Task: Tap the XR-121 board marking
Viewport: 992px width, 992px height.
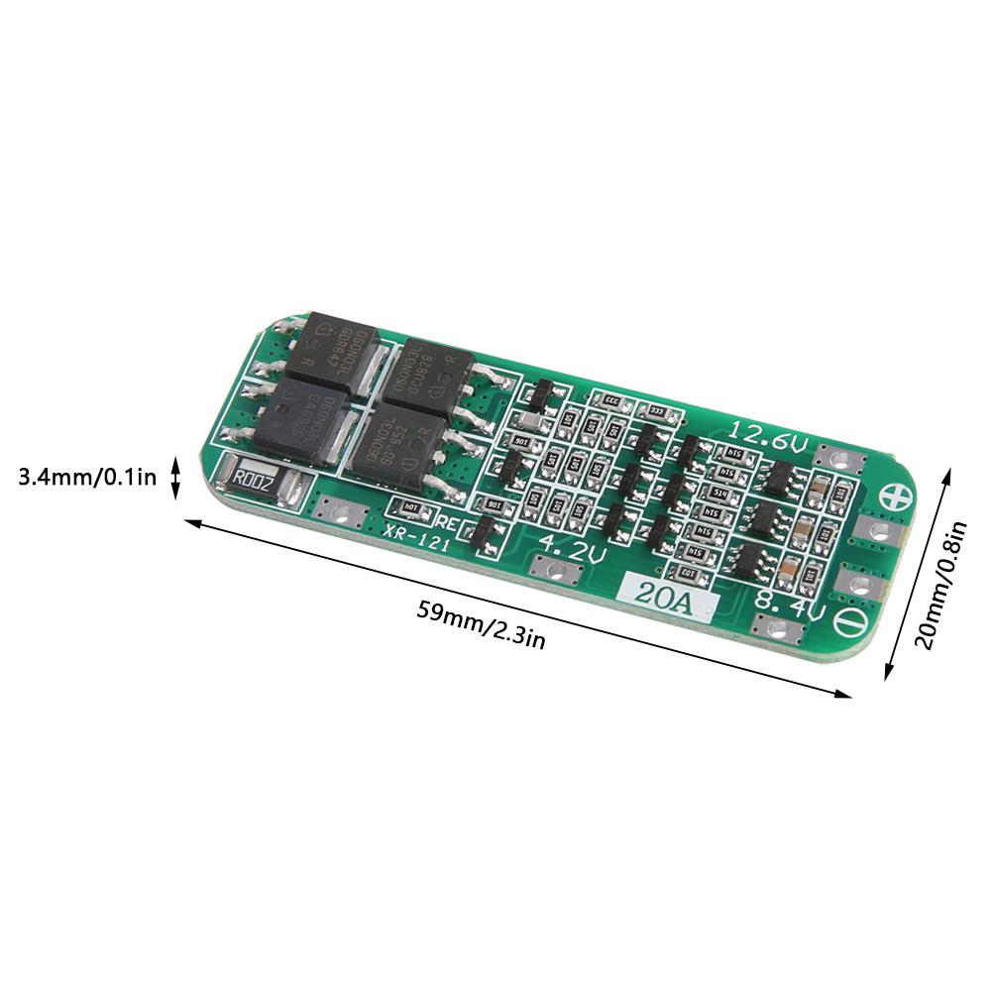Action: (413, 531)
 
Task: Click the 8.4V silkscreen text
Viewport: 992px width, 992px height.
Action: (789, 604)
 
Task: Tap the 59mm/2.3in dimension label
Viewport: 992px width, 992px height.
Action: (481, 624)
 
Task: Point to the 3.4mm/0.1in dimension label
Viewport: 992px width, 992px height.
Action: (87, 478)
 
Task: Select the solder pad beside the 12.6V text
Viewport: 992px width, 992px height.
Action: (839, 458)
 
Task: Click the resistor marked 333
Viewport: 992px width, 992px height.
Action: (652, 410)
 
